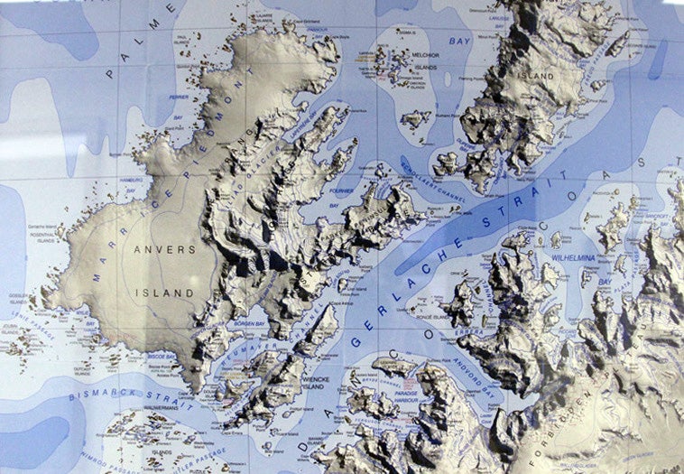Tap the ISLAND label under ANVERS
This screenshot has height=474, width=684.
coord(164,293)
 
